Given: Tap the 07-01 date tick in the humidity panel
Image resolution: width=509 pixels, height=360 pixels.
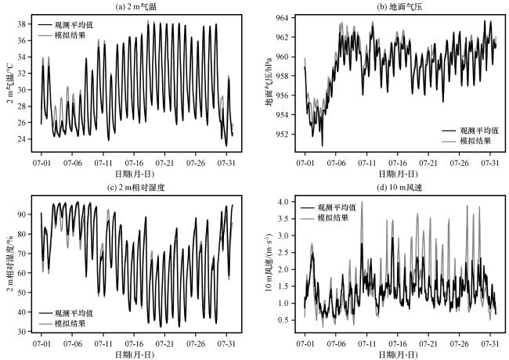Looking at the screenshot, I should [x=42, y=343].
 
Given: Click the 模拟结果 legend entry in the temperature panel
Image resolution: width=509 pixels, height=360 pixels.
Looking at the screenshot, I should [x=78, y=37].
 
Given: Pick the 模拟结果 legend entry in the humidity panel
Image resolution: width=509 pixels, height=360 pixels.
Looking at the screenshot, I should [x=78, y=322].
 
